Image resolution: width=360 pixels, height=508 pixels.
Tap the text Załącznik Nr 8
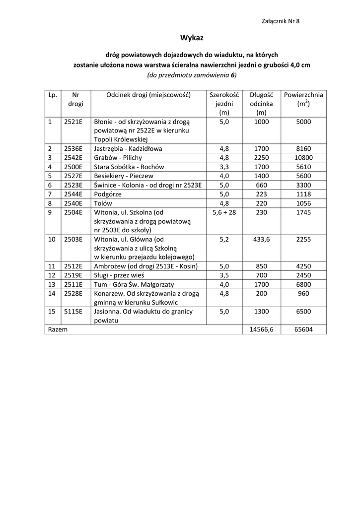(280, 21)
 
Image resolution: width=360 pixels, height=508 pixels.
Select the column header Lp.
(53, 95)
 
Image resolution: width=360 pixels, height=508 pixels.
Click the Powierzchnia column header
(303, 95)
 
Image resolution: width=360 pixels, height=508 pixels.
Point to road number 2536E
(73, 148)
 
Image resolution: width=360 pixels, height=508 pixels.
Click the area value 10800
(303, 157)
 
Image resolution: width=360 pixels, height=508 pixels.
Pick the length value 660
(261, 185)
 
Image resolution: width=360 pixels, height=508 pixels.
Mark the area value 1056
(303, 203)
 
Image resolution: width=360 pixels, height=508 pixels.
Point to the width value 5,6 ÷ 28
(224, 212)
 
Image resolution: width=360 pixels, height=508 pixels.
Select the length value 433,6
(261, 239)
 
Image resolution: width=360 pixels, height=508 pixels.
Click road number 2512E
(73, 266)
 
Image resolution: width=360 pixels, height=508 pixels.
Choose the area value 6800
(303, 284)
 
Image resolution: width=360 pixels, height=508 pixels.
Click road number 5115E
(73, 312)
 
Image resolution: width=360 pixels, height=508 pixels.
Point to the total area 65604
(303, 329)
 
